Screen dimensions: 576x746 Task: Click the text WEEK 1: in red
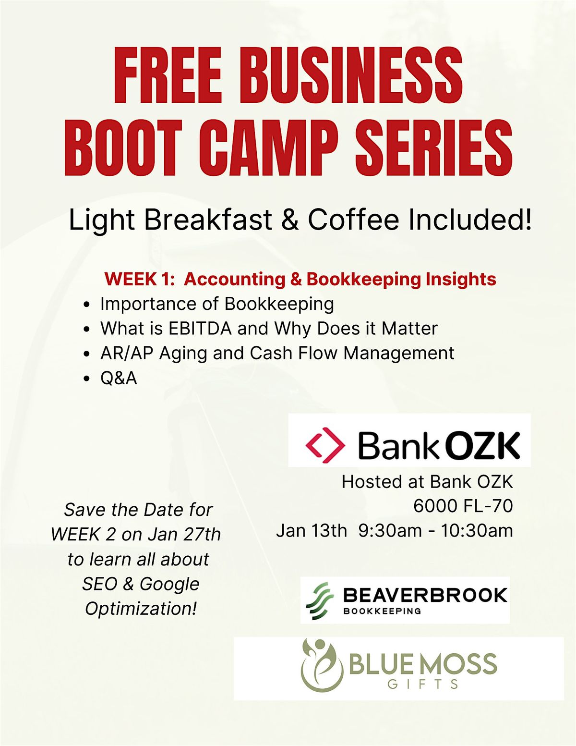(137, 279)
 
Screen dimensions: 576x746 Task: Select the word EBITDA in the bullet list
(200, 328)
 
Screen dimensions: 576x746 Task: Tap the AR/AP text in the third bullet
(127, 353)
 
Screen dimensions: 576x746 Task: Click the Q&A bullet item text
(119, 379)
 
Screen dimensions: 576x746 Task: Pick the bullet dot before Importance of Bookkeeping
(86, 305)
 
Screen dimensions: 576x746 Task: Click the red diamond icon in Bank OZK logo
(325, 445)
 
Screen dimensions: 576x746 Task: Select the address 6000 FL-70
(463, 506)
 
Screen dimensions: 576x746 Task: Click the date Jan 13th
(312, 530)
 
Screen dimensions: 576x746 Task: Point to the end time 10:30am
(477, 530)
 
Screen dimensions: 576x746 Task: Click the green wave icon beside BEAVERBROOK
(320, 601)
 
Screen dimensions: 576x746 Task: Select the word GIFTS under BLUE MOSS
(423, 684)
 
